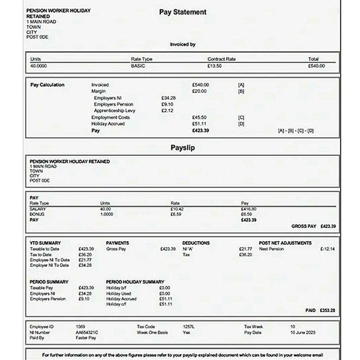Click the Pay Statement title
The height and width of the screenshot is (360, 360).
pos(183,12)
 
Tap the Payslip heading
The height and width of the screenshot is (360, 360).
pos(183,148)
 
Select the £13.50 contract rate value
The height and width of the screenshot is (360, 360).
pos(214,66)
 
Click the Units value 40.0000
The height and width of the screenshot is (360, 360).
pos(38,66)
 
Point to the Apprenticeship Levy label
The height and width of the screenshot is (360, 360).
pos(114,110)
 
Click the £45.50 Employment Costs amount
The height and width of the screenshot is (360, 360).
pos(199,117)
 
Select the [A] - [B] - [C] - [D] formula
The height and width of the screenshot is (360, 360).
pos(296,131)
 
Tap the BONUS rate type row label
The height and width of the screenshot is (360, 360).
pos(37,214)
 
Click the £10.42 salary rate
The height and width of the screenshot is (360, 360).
pos(177,209)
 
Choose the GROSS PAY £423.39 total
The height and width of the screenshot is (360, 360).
pos(313,226)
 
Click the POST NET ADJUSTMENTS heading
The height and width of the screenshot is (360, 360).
pos(285,243)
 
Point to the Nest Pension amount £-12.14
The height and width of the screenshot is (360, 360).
pos(327,249)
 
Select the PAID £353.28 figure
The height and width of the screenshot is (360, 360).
pos(320,310)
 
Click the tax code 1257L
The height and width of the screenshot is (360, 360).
pos(189,327)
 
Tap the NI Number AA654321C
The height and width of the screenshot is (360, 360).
pos(87,332)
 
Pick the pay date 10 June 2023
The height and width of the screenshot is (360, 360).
pos(303,332)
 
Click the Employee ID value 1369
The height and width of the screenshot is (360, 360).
pos(80,327)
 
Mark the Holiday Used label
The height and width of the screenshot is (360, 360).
pos(119,293)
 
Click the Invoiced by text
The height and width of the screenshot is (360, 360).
pos(183,44)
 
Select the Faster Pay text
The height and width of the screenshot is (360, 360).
pos(86,338)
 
